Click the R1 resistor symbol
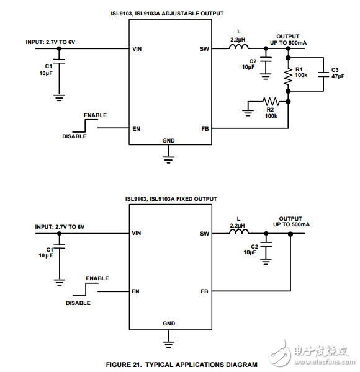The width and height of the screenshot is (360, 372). tap(288, 76)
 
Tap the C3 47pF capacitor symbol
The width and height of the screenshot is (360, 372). tap(323, 74)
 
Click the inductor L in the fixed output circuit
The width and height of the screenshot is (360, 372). tap(238, 233)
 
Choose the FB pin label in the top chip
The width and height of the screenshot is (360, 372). tap(205, 129)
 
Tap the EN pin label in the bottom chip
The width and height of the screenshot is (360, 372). tap(135, 291)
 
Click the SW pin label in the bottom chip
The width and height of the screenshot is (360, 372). tap(204, 234)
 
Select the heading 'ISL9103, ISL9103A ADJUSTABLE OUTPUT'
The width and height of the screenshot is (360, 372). tap(174, 13)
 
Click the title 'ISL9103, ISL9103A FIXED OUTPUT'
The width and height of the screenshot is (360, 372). tap(171, 199)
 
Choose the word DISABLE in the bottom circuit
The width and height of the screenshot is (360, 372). tap(78, 303)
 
